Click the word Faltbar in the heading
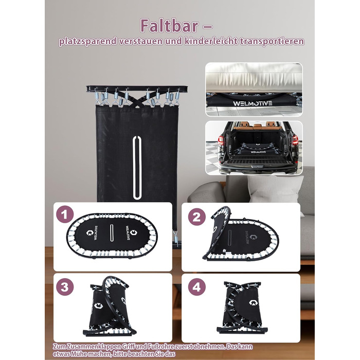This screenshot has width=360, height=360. (169, 26)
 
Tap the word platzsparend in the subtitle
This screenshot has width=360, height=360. (88, 42)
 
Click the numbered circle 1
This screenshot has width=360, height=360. (65, 214)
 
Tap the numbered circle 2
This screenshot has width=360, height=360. (197, 217)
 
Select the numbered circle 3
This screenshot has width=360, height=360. (65, 287)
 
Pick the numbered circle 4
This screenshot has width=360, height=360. (197, 287)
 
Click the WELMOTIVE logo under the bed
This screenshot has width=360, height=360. (253, 103)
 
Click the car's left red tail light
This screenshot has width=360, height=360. (221, 140)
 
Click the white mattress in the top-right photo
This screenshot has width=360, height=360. (254, 77)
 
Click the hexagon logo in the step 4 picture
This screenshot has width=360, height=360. (254, 302)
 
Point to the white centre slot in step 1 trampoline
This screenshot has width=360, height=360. (112, 232)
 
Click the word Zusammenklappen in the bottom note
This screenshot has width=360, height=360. (96, 347)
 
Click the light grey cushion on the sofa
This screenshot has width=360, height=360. (276, 189)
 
